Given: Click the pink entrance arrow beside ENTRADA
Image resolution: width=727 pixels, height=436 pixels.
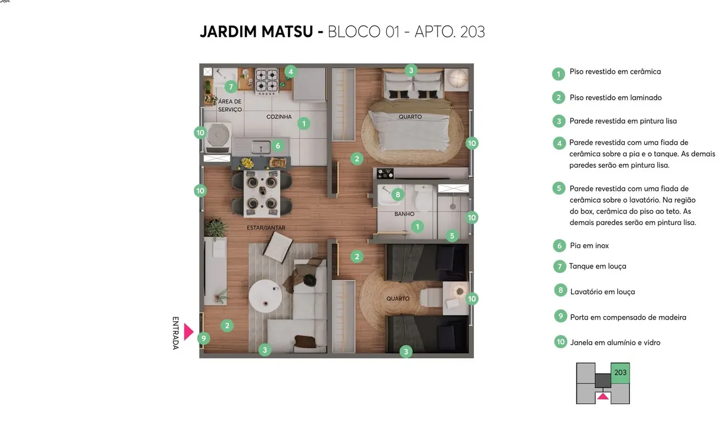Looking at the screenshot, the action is [188, 332].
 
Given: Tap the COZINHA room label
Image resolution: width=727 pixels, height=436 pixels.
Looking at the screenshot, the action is [279, 117].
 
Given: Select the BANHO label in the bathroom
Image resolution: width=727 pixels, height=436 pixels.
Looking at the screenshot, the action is [404, 214].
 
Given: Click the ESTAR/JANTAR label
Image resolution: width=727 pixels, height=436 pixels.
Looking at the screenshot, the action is [266, 228].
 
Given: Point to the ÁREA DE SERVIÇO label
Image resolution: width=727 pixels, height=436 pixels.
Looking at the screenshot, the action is [230, 105].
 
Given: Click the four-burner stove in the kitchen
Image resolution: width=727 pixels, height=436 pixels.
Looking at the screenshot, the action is [267, 81].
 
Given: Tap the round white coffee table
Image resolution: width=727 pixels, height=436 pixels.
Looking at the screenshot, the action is [265, 296].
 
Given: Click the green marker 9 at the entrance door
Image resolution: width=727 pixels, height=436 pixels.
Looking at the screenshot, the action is [203, 338].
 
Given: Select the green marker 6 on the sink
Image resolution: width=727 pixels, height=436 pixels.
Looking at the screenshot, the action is [278, 146].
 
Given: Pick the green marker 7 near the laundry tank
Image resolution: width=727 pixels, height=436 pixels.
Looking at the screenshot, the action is [231, 87].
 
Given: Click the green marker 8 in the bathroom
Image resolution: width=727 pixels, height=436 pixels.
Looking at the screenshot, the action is [398, 194].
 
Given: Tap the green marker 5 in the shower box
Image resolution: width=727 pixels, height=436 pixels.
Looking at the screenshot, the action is [452, 236].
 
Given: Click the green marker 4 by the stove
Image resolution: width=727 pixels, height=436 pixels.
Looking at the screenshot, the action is [290, 72].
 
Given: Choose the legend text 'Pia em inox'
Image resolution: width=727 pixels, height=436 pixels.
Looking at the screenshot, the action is [589, 246].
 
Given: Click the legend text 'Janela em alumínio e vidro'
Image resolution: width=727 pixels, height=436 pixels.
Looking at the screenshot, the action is [615, 342].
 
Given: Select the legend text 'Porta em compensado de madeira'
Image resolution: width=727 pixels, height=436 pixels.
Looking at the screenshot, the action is [628, 317].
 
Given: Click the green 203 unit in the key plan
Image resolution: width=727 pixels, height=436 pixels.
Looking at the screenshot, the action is [620, 373].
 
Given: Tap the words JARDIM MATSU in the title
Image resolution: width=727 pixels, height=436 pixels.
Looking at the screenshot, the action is [256, 31].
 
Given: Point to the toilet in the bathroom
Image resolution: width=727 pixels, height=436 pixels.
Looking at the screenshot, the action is [423, 197].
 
